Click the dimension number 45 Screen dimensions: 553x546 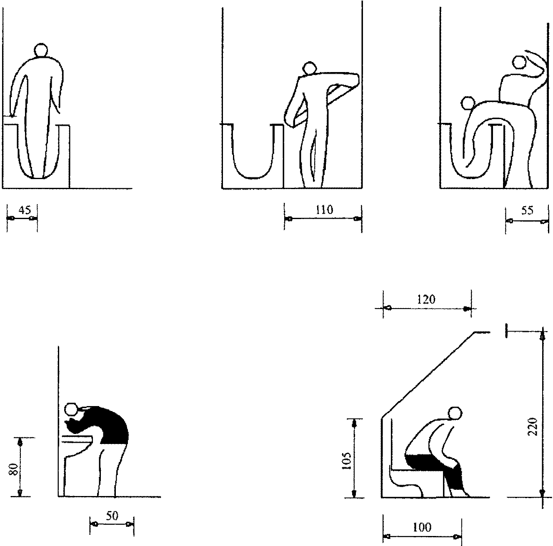click(x=25, y=210)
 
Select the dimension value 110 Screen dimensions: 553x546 click(x=324, y=210)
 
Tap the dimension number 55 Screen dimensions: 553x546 click(x=527, y=210)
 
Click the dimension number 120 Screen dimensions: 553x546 click(x=426, y=300)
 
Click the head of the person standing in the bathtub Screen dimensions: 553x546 click(x=40, y=50)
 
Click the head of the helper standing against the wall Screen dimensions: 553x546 click(x=520, y=62)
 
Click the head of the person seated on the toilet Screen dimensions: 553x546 click(x=455, y=414)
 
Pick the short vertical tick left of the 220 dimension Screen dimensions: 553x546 click(x=507, y=331)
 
